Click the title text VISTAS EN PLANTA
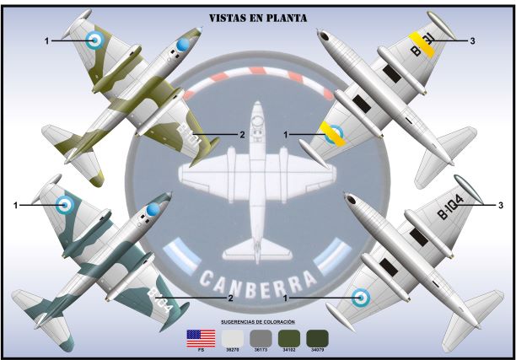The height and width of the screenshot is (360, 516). click(257, 17)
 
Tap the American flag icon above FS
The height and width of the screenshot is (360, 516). click(200, 338)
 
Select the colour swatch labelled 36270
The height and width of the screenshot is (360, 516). click(230, 338)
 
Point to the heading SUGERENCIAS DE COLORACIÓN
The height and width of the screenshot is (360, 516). click(258, 322)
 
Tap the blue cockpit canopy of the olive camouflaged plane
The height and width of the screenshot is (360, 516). click(183, 44)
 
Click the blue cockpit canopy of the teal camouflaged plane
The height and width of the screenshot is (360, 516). click(153, 209)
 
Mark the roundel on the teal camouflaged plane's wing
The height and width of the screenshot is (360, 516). click(65, 203)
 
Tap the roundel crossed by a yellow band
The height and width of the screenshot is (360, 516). click(334, 133)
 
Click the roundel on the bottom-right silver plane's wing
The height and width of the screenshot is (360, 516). click(361, 296)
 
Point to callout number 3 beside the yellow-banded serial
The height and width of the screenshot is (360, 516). click(473, 40)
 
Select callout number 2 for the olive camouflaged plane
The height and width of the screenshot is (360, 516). click(242, 134)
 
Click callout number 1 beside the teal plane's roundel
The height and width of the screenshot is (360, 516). click(16, 204)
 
